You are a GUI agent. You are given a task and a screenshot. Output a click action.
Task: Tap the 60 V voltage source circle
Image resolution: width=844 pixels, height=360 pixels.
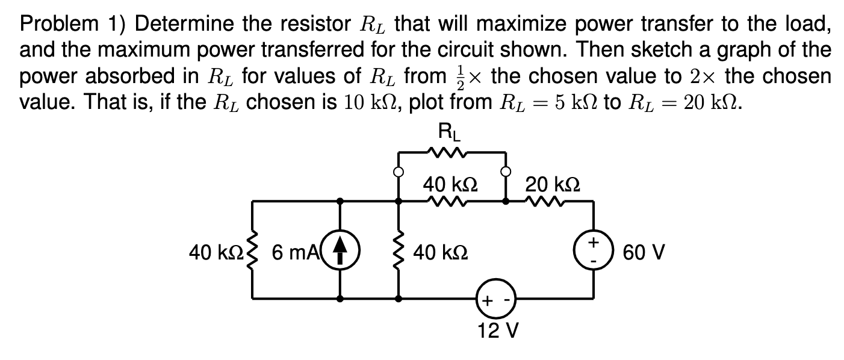[x=595, y=250]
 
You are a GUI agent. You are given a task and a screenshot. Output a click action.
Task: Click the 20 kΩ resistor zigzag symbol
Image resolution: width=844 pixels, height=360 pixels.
[x=544, y=202]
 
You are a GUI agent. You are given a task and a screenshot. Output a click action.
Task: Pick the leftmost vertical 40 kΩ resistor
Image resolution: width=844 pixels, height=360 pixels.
[x=252, y=250]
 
